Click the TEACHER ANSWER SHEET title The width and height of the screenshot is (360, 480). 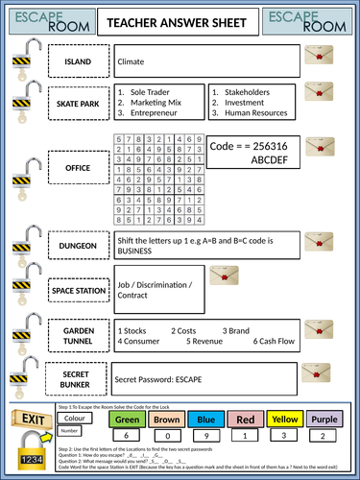[x=180, y=22]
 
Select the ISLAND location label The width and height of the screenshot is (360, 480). [x=77, y=61]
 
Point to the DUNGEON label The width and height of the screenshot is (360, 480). [x=77, y=245]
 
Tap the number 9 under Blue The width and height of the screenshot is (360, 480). [x=205, y=436]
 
